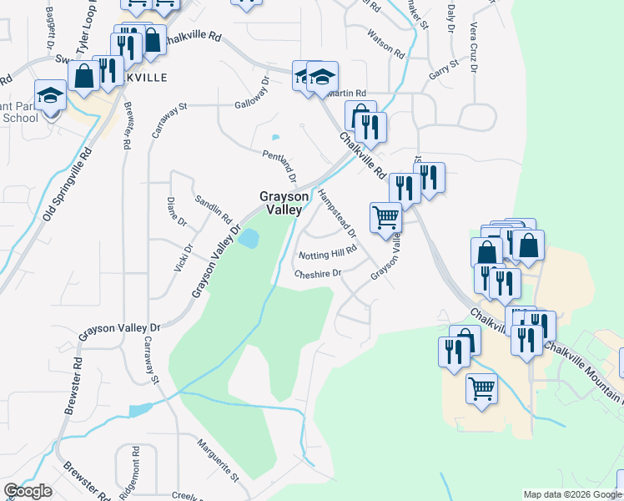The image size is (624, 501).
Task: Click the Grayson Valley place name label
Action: click(x=279, y=203)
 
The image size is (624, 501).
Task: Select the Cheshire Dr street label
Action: click(x=318, y=273)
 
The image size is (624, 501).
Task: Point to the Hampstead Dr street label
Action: click(x=337, y=212)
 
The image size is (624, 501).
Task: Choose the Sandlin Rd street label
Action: click(x=214, y=209)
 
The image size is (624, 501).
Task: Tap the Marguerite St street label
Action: click(x=218, y=459)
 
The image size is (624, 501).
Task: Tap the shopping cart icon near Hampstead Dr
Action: click(x=385, y=217)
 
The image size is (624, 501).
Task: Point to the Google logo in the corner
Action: click(x=28, y=491)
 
